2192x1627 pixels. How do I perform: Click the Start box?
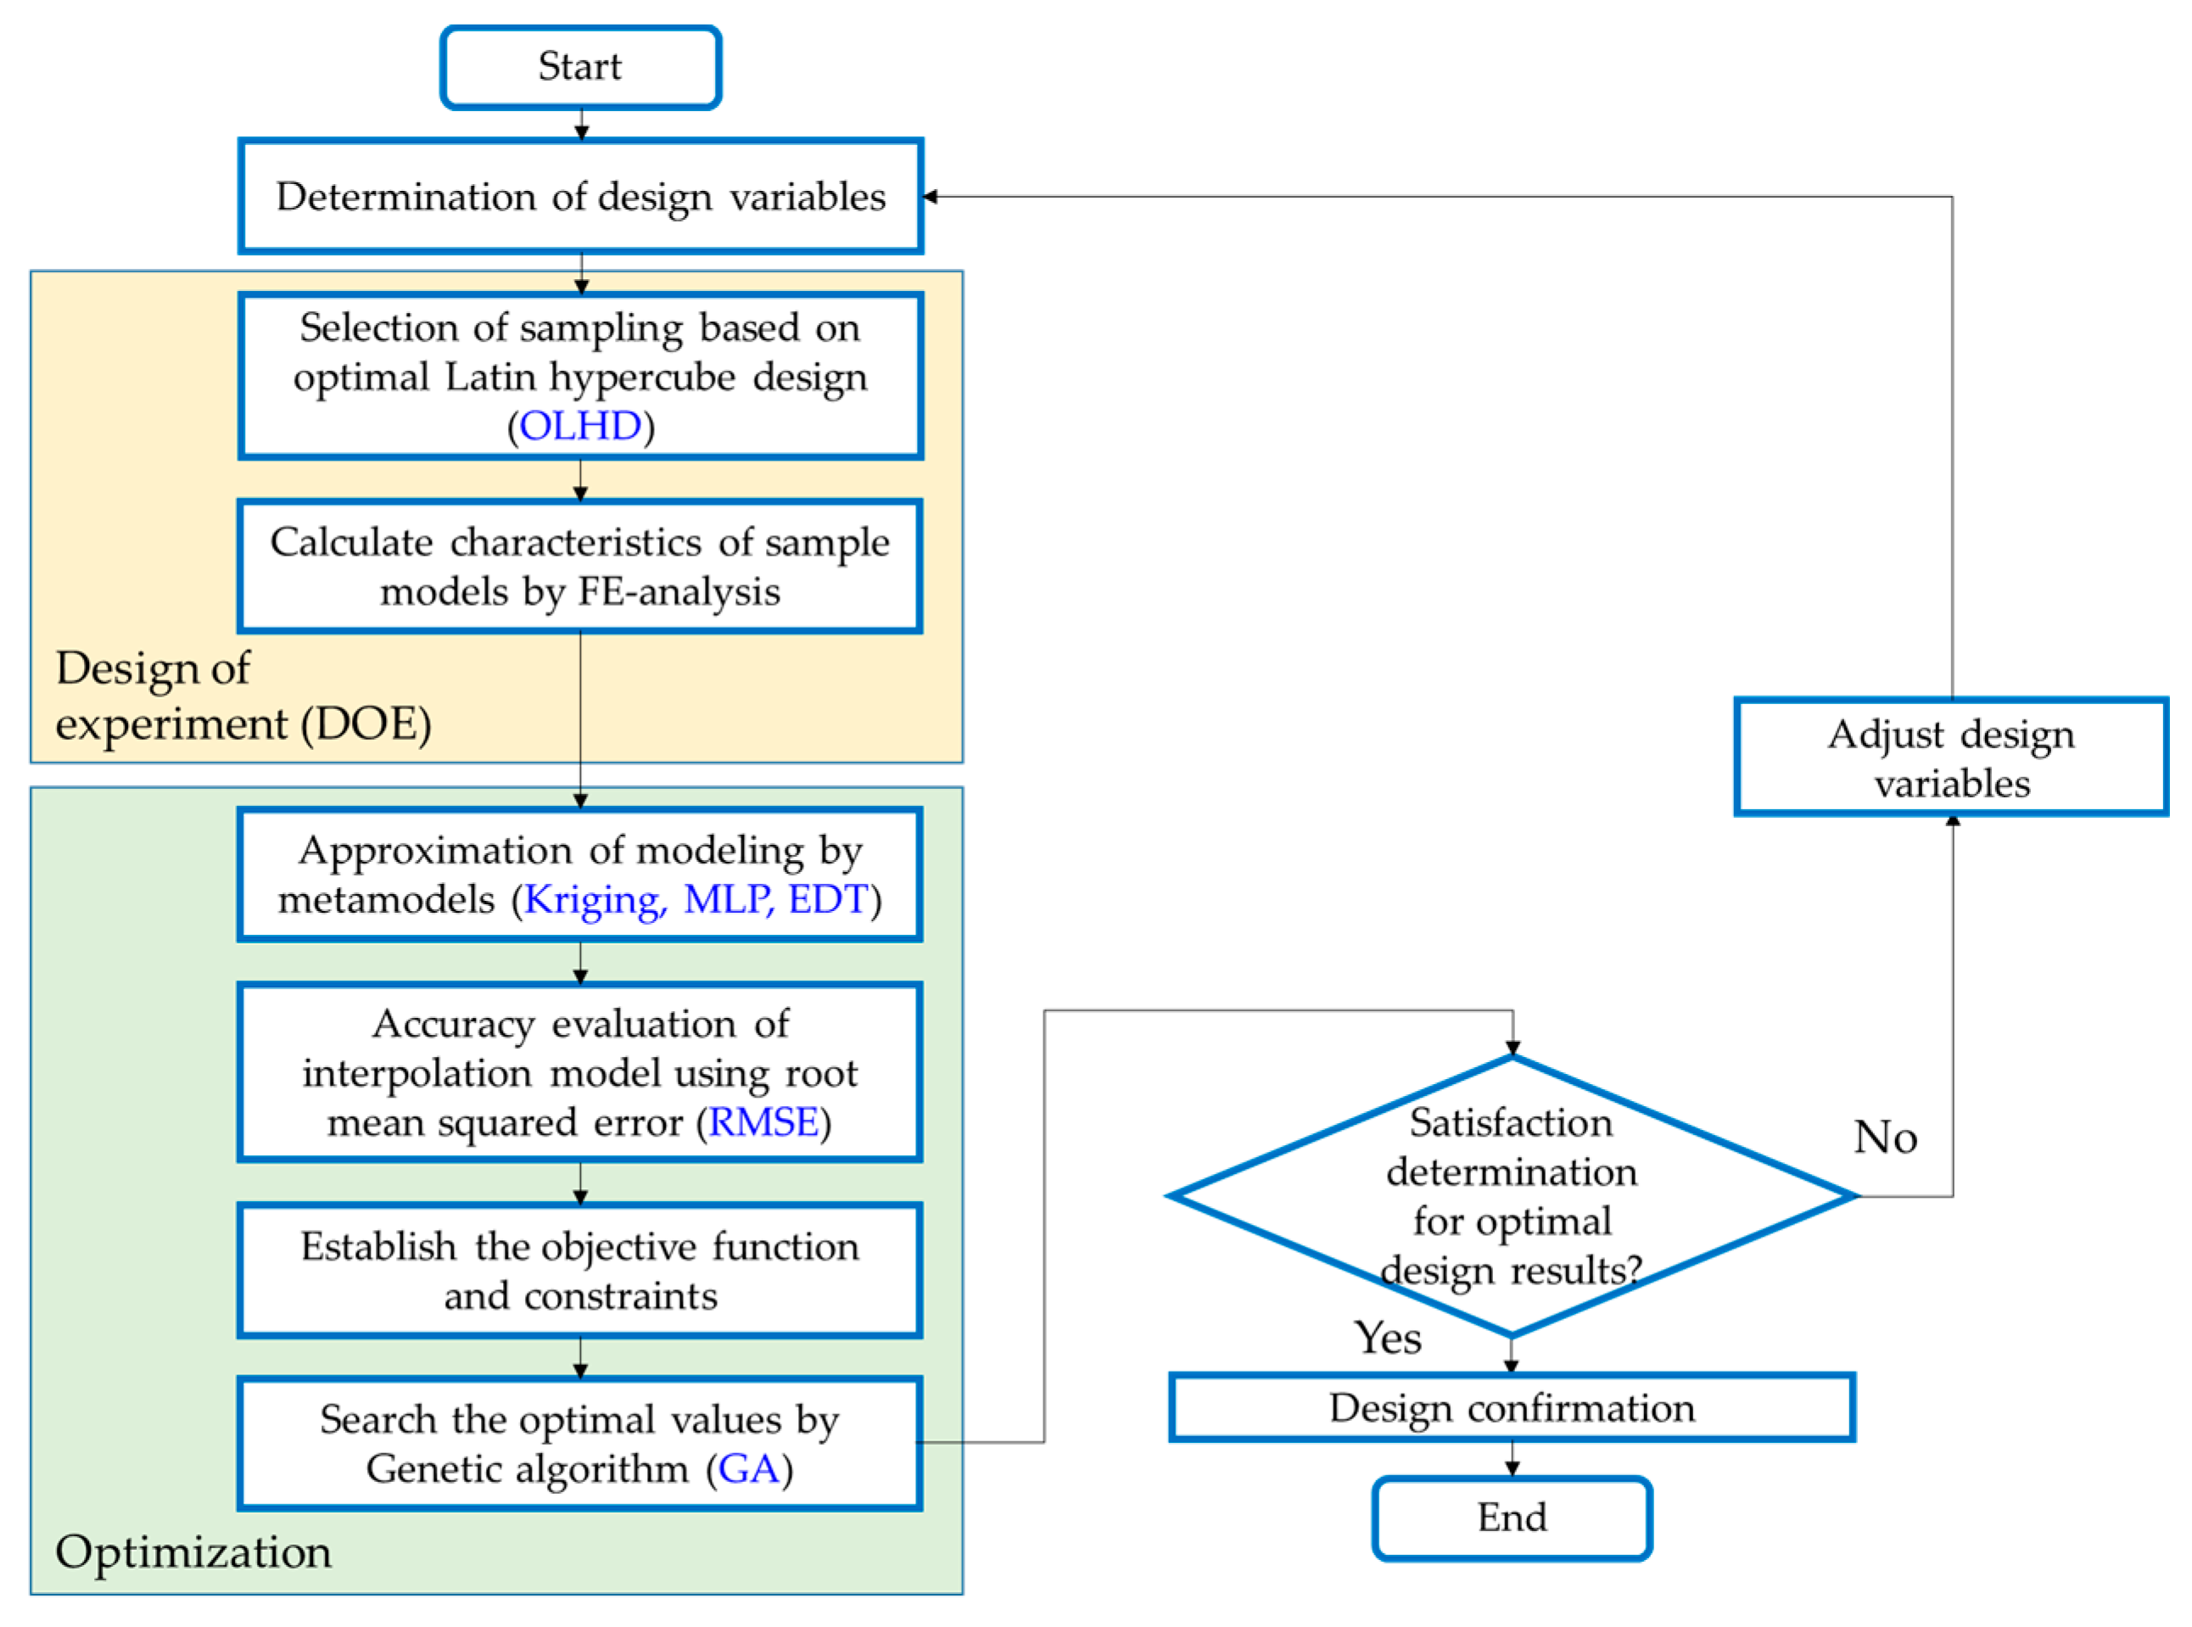click(580, 67)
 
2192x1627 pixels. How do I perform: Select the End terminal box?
click(1512, 1518)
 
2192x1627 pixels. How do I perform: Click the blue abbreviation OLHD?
click(580, 427)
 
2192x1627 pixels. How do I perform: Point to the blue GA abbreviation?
click(748, 1469)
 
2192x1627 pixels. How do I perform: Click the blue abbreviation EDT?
click(827, 899)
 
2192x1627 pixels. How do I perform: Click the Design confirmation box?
click(1512, 1408)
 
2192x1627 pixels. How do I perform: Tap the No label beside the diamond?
click(1885, 1138)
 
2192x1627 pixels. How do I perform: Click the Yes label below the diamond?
click(1388, 1339)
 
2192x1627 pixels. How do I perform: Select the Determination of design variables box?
click(580, 197)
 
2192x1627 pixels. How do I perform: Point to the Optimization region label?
click(193, 1552)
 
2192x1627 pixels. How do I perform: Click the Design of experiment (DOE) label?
click(243, 696)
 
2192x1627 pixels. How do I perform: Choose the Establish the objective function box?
click(580, 1271)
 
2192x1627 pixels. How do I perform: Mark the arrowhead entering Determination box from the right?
click(931, 197)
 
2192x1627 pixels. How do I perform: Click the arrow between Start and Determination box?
click(581, 125)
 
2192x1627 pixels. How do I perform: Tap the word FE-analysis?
click(679, 592)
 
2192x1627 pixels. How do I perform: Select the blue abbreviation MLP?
click(728, 899)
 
